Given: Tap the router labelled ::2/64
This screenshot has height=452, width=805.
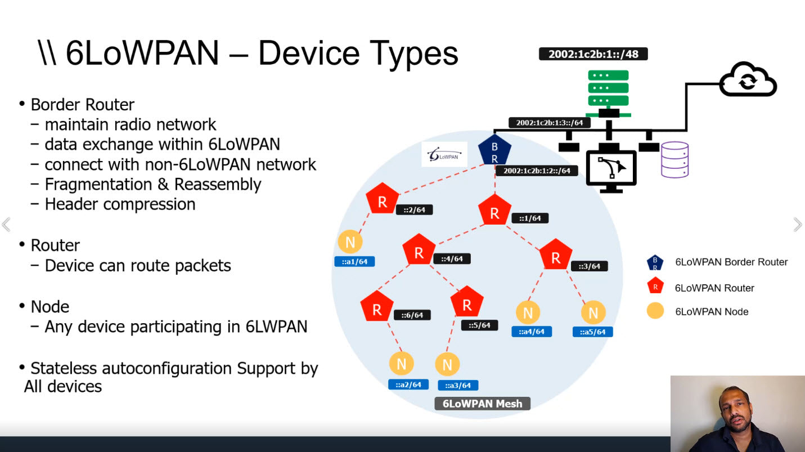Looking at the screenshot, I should tap(382, 201).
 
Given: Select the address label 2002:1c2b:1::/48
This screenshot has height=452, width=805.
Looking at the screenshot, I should tap(593, 54).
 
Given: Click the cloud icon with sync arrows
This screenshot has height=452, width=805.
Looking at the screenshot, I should tap(748, 80).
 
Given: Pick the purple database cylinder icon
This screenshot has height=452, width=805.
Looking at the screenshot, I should tap(674, 160).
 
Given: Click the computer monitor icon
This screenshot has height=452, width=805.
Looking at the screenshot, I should tap(611, 169).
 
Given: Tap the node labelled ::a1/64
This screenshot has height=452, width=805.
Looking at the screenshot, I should tap(350, 243).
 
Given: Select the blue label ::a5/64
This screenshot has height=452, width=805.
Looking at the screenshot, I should tap(592, 332).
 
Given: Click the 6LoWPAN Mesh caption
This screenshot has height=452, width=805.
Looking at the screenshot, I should tap(482, 404).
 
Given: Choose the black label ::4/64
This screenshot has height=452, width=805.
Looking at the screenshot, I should tap(452, 259).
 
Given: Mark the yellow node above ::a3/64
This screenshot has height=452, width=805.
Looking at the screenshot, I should tap(447, 365).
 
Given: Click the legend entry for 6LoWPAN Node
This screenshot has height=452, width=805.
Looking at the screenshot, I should tap(712, 312).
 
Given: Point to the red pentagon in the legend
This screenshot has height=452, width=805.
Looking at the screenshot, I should tap(655, 287).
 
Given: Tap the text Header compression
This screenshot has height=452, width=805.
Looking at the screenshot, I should tap(120, 204).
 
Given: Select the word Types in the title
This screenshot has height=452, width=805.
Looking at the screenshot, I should tap(415, 54).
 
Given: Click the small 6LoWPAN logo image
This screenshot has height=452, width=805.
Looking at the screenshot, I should tap(444, 154).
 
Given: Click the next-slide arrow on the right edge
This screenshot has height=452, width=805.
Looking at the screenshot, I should tap(797, 225).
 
